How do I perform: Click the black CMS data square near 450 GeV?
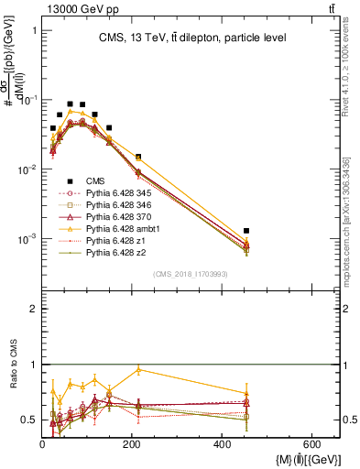(246, 231)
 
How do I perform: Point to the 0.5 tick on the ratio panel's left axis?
(29, 420)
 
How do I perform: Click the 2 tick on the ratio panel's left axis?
(33, 309)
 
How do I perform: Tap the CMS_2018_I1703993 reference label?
(189, 274)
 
